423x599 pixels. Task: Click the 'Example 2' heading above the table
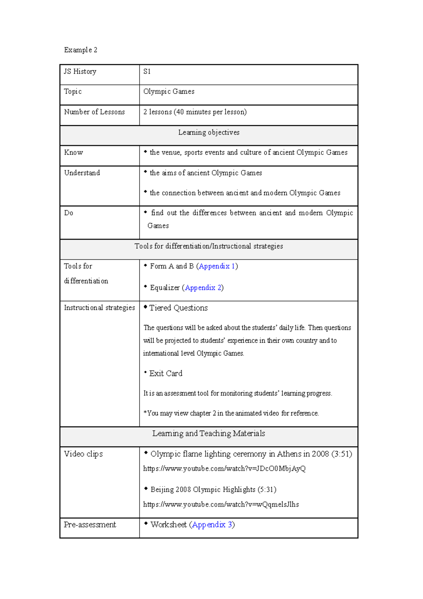coord(80,50)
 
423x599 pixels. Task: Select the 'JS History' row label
coord(80,72)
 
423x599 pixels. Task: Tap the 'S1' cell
coord(147,72)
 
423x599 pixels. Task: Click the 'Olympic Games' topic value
coord(169,92)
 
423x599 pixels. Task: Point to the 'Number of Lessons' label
coord(94,112)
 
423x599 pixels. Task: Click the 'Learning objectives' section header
coord(209,133)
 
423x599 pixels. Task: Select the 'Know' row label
coord(74,153)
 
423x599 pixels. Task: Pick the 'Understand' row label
coord(82,173)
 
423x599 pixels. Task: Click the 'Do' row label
coord(69,213)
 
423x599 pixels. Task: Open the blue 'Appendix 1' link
coord(217,266)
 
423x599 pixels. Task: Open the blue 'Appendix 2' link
coord(203,288)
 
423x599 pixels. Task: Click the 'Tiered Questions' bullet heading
coord(178,308)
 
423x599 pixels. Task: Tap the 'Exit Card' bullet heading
coord(166,374)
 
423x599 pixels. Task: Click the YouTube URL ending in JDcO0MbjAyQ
coord(224,469)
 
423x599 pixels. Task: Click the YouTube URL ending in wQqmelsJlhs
coord(221,505)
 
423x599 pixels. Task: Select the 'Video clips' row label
coord(83,454)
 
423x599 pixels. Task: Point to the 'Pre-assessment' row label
coord(90,525)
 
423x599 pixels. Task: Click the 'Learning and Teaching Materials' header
coord(209,434)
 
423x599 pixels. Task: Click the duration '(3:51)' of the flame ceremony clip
coord(342,454)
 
